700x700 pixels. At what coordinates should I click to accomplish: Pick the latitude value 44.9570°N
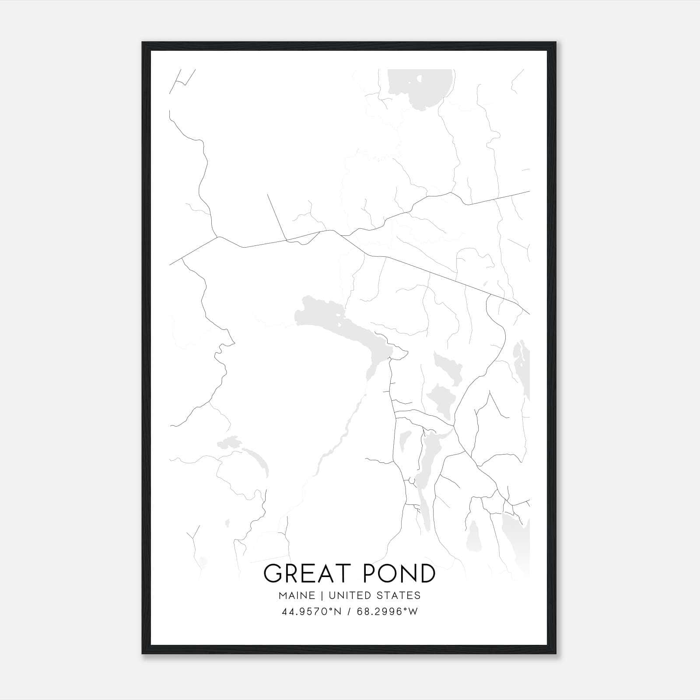click(x=311, y=612)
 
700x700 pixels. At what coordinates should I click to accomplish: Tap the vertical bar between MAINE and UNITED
click(x=321, y=595)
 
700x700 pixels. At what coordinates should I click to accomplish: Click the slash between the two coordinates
click(x=349, y=612)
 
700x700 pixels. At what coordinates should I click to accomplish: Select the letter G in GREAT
click(x=273, y=574)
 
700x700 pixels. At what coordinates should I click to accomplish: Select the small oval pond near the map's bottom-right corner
click(x=473, y=536)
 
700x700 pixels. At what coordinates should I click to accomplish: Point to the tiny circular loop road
click(x=411, y=481)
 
